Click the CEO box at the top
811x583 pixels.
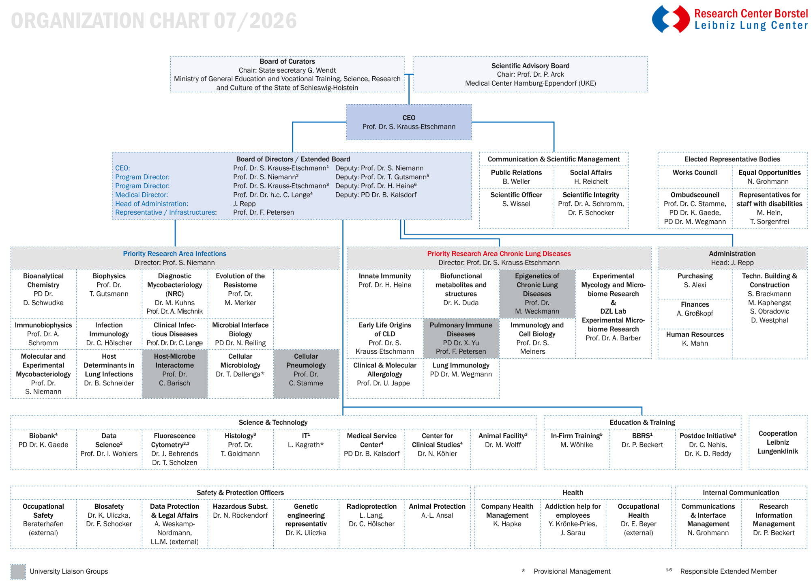[409, 122]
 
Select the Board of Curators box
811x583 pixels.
[287, 74]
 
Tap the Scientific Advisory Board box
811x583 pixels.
[530, 74]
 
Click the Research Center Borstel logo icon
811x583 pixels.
[671, 19]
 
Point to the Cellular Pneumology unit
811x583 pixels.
[306, 374]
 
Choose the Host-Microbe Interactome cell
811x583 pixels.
[175, 374]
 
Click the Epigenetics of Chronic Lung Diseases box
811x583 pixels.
[537, 293]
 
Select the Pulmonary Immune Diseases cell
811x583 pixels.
[461, 338]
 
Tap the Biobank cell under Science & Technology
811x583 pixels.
[43, 449]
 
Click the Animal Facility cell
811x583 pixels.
[503, 449]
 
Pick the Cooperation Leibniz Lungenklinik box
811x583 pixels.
[778, 442]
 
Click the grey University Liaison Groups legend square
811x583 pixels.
[18, 571]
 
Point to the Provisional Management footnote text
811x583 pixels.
[572, 571]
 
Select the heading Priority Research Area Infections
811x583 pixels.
[175, 254]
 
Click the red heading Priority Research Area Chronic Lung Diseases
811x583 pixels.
[499, 254]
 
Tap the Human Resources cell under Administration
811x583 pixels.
[695, 339]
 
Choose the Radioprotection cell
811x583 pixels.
[371, 524]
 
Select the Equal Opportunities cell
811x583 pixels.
[770, 177]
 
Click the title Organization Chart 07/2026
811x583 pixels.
[154, 21]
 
